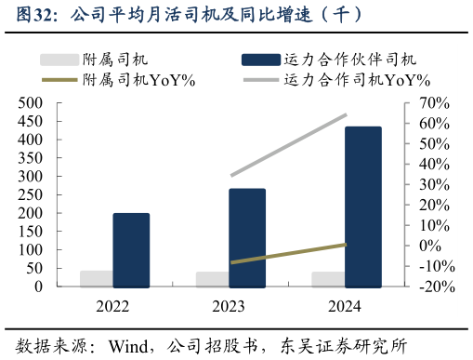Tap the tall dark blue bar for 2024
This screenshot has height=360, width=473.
[362, 207]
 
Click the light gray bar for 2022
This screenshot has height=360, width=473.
[97, 279]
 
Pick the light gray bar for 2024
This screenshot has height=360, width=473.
[328, 279]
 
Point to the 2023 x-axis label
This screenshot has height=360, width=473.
[229, 306]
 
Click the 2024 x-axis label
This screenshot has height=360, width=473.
[345, 306]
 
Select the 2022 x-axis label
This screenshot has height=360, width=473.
[112, 306]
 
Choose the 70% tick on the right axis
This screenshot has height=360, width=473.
[434, 102]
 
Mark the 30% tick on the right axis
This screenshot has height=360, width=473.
[434, 184]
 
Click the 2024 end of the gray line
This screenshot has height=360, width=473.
[346, 115]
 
